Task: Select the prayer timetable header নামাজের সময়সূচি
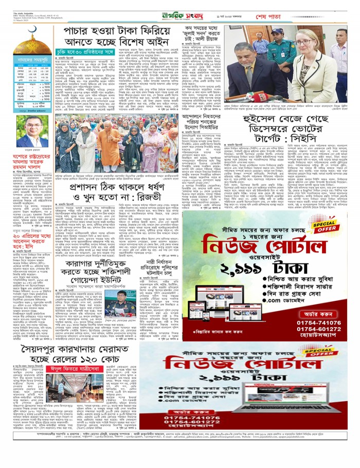coord(32,61)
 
